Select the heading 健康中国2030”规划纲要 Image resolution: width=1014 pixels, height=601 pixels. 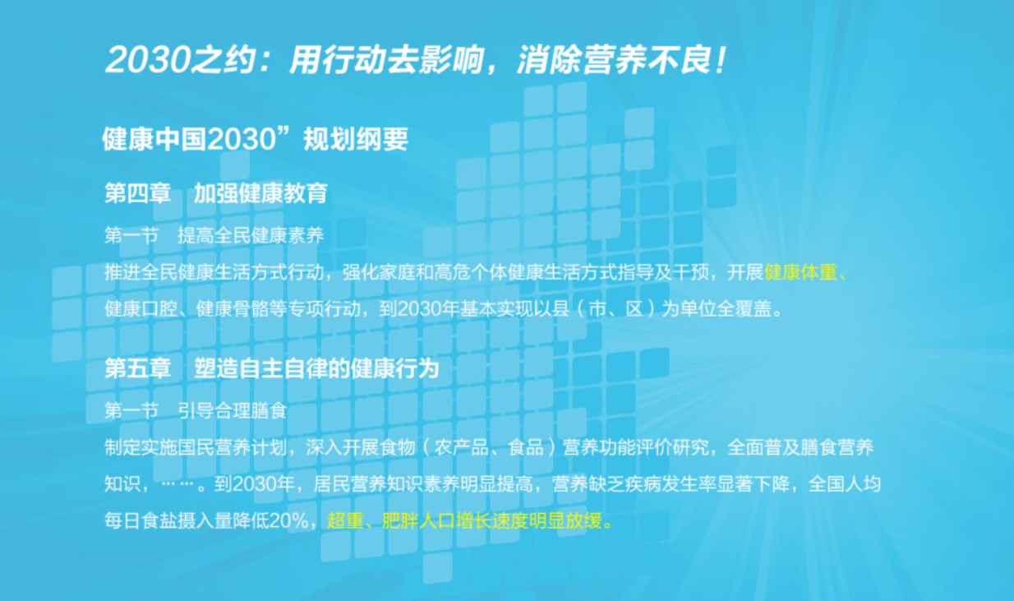255,140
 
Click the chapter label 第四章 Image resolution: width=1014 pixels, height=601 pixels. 137,194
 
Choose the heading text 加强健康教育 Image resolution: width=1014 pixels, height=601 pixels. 260,194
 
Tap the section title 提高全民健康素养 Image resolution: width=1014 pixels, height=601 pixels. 251,236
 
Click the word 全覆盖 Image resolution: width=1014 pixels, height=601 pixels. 749,310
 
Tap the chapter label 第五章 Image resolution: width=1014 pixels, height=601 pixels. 137,368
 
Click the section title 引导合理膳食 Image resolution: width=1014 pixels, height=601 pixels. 233,410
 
